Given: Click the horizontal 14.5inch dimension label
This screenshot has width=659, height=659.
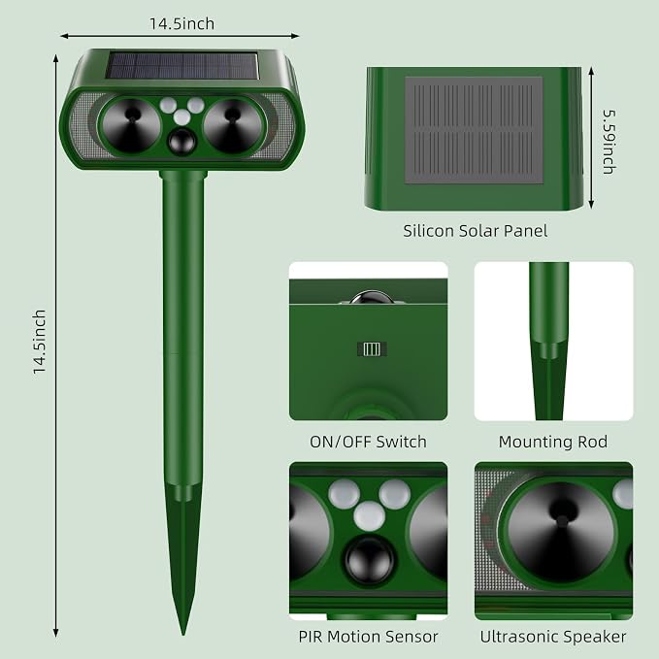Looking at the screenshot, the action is coord(182,23).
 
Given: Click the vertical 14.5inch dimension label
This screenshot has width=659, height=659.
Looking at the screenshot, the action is coord(40,342).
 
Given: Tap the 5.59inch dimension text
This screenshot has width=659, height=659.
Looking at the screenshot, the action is coord(610,142).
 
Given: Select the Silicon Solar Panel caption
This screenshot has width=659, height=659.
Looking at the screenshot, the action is coord(475,231).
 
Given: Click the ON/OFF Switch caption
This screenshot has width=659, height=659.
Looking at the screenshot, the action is coord(368,442).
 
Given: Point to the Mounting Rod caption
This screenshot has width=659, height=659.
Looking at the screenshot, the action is coord(553,442).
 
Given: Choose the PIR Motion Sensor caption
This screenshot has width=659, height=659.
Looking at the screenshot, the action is coord(368,637).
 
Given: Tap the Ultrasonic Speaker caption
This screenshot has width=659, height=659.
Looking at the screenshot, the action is coord(553,637).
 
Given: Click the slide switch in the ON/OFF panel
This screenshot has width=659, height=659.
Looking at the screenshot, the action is coord(372,348).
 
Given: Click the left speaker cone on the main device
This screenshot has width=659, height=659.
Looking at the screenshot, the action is coord(131,125).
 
